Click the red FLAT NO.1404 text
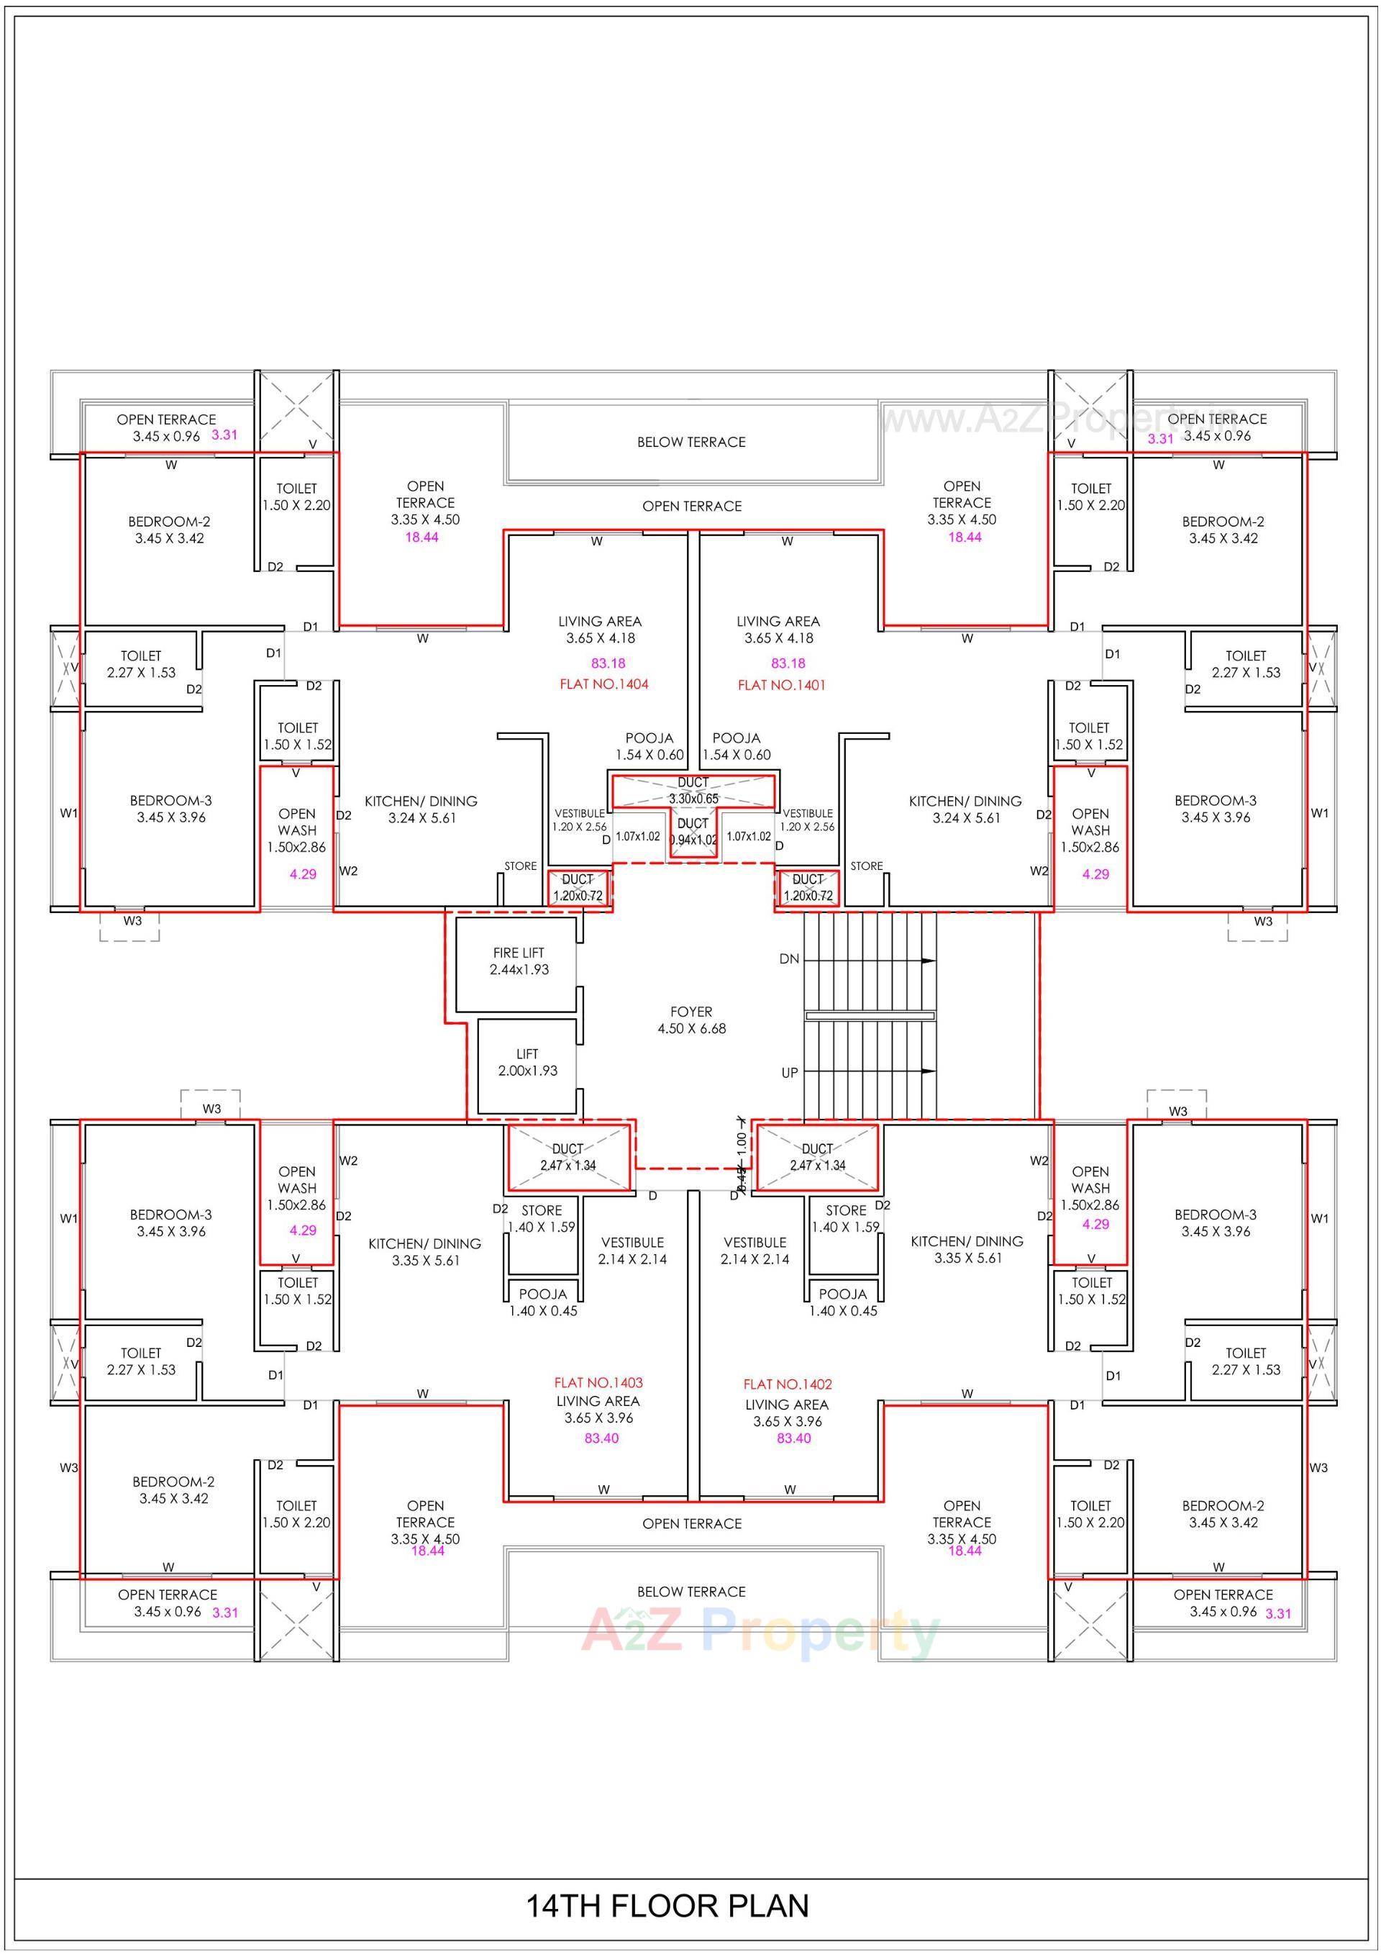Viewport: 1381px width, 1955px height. (603, 684)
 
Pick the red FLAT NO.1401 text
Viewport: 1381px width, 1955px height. (780, 684)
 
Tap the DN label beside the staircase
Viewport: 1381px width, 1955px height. (788, 958)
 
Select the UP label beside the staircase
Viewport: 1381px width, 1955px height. (789, 1073)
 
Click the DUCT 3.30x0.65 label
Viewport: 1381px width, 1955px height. (693, 790)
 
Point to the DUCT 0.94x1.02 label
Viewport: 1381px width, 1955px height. (693, 831)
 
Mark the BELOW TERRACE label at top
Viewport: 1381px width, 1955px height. (690, 442)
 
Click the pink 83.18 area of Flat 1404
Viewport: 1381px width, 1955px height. (608, 663)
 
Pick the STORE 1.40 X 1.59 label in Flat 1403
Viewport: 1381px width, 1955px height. (542, 1218)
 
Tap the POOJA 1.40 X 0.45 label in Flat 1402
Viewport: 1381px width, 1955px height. (842, 1302)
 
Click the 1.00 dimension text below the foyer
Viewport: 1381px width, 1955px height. (741, 1140)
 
